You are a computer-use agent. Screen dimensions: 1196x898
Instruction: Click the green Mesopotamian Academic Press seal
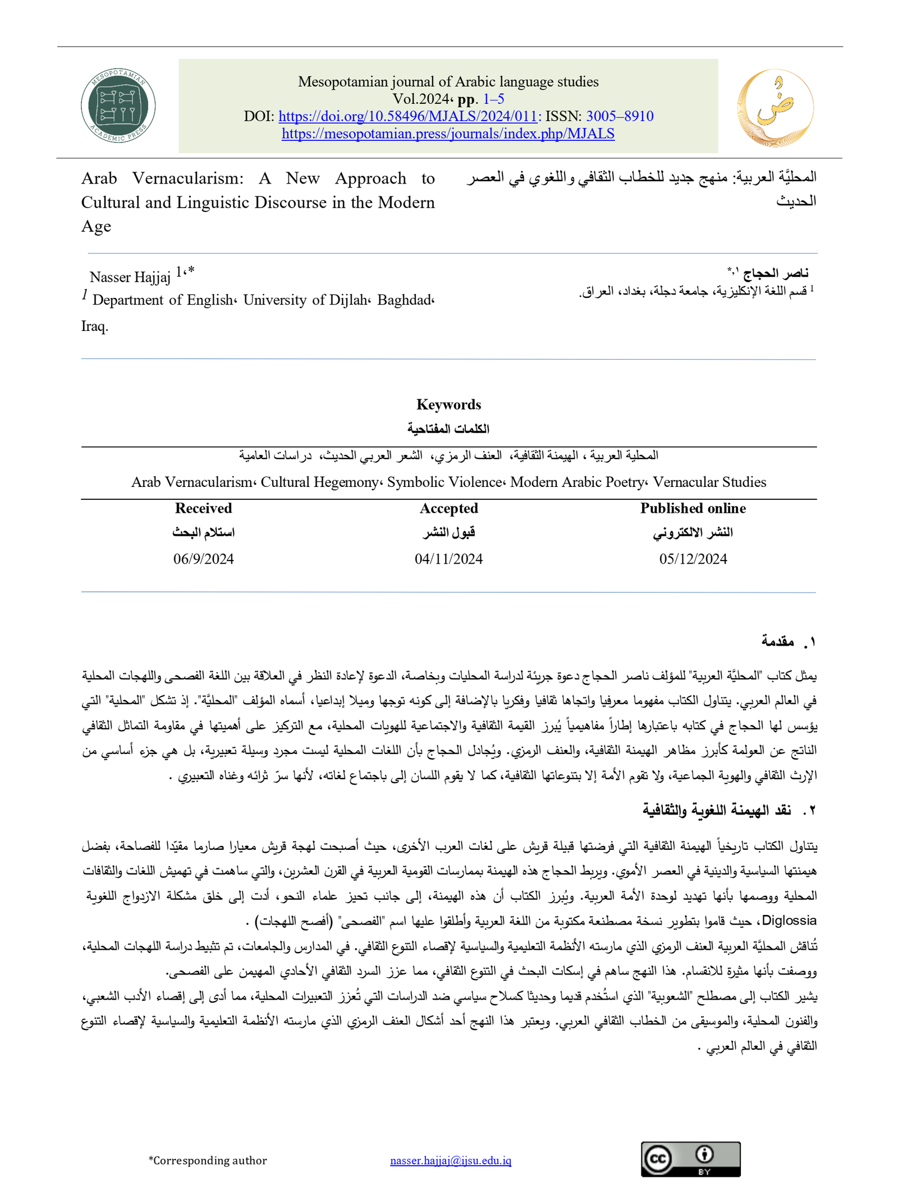coord(118,105)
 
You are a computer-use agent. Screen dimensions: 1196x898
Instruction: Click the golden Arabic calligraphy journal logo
coord(775,107)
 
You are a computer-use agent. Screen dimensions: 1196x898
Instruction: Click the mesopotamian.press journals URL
coord(448,134)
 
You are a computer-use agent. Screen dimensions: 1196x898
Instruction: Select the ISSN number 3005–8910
coord(620,116)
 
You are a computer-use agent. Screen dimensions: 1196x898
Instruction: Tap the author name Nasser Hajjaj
coord(130,277)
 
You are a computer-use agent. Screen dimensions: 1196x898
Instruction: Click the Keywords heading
coord(448,404)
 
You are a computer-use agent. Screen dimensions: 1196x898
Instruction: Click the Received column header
coord(203,508)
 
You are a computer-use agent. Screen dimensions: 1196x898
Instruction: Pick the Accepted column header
coord(448,508)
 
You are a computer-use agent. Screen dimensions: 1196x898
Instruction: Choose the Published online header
coord(693,508)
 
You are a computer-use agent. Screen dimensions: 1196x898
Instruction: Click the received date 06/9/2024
coord(203,559)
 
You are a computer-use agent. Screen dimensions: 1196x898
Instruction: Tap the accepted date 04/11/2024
coord(448,559)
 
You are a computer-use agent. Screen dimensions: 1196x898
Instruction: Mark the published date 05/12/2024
coord(693,559)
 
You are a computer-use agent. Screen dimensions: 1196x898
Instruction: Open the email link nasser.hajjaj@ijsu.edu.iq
coord(450,1160)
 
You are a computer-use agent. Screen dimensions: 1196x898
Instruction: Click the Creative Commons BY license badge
coord(690,1159)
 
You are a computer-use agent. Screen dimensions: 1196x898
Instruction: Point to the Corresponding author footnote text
coord(208,1160)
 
